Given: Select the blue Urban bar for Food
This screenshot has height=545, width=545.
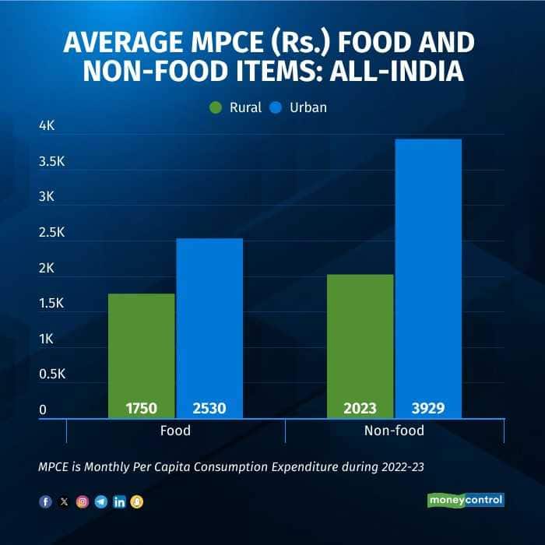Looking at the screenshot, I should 209,327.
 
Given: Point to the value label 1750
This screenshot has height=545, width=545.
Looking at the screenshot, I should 142,408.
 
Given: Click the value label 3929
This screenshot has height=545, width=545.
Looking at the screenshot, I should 427,408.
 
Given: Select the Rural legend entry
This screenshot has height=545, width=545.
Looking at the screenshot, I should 236,107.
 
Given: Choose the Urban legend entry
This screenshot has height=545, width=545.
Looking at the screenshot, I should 299,107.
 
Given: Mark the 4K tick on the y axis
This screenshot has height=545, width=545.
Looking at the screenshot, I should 48,125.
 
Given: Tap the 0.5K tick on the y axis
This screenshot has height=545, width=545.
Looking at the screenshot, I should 54,374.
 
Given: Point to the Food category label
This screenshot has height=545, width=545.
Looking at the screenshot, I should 175,430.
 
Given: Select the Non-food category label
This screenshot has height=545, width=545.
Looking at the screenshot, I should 394,430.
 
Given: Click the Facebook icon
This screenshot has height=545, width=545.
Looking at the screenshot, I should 45,502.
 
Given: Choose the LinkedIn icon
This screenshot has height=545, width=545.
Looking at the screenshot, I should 119,502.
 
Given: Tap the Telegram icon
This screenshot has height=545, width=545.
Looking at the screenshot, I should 100,502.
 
